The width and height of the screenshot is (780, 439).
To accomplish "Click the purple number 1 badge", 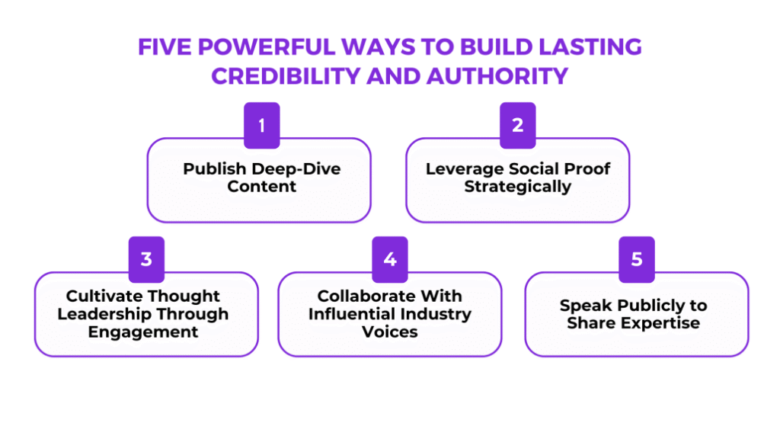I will tap(262, 125).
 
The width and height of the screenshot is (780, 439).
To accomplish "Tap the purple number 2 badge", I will tap(518, 125).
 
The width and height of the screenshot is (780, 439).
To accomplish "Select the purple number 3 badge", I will tap(146, 259).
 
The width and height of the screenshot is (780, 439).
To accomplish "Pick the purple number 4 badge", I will tap(390, 259).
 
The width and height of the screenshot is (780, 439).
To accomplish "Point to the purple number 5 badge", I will tap(637, 259).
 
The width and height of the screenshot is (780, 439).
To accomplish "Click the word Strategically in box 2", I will tap(518, 186).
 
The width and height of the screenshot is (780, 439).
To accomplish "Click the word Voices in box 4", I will tap(390, 332).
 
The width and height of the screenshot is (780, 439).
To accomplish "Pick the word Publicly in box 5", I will tap(646, 305).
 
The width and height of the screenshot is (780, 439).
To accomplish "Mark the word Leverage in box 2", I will tap(461, 168).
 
